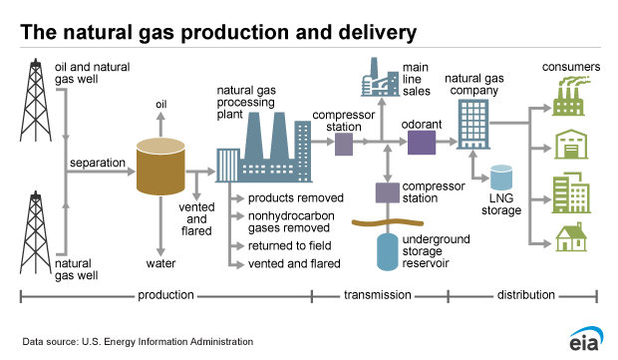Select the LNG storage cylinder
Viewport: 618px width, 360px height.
(501, 180)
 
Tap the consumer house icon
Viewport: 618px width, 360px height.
(570, 236)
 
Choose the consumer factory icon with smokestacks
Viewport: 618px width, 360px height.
(570, 98)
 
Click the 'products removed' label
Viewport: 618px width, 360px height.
(289, 198)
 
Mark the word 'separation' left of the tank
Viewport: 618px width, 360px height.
(98, 162)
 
